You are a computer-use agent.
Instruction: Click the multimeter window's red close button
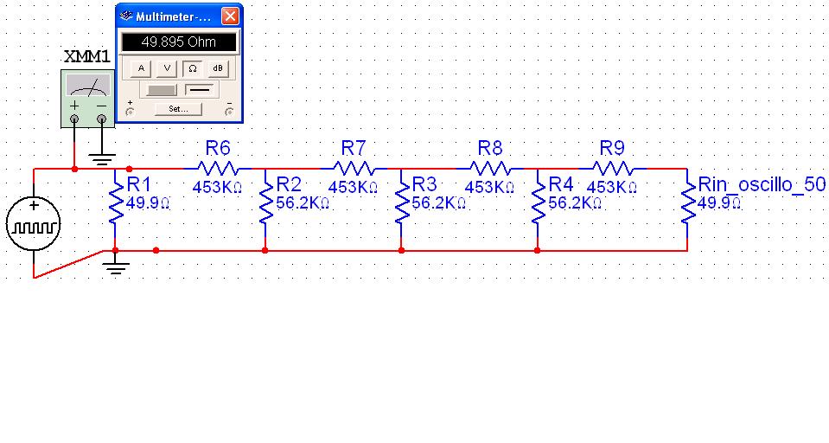tap(230, 16)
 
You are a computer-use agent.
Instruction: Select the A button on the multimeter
tap(142, 67)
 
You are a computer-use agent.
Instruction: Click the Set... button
tap(179, 109)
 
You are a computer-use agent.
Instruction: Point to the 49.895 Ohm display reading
tap(179, 42)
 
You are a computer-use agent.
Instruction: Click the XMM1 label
tap(87, 57)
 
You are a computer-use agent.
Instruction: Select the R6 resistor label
tap(218, 147)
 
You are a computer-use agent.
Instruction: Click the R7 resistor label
tap(354, 147)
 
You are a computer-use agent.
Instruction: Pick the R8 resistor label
tap(490, 147)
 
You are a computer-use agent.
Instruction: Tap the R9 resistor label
tap(612, 147)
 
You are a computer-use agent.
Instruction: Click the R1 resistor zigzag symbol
tap(114, 205)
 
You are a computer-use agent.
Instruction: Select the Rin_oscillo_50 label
tap(762, 185)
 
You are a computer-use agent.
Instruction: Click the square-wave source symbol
tap(34, 227)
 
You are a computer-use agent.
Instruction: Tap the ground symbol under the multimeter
tap(103, 159)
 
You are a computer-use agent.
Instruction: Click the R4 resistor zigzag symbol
tap(537, 205)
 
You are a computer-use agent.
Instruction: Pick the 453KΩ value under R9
tap(611, 186)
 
